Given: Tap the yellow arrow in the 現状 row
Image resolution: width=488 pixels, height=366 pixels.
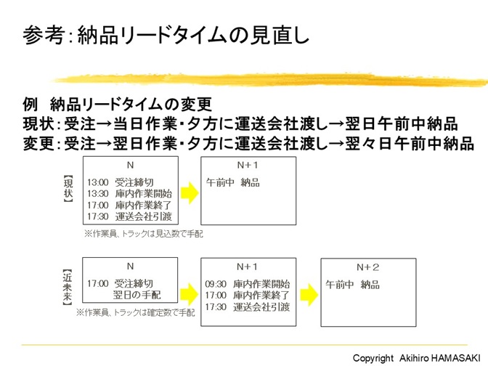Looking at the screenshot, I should point(190,192).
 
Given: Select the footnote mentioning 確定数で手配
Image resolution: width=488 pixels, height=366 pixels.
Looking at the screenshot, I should point(135,312).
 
